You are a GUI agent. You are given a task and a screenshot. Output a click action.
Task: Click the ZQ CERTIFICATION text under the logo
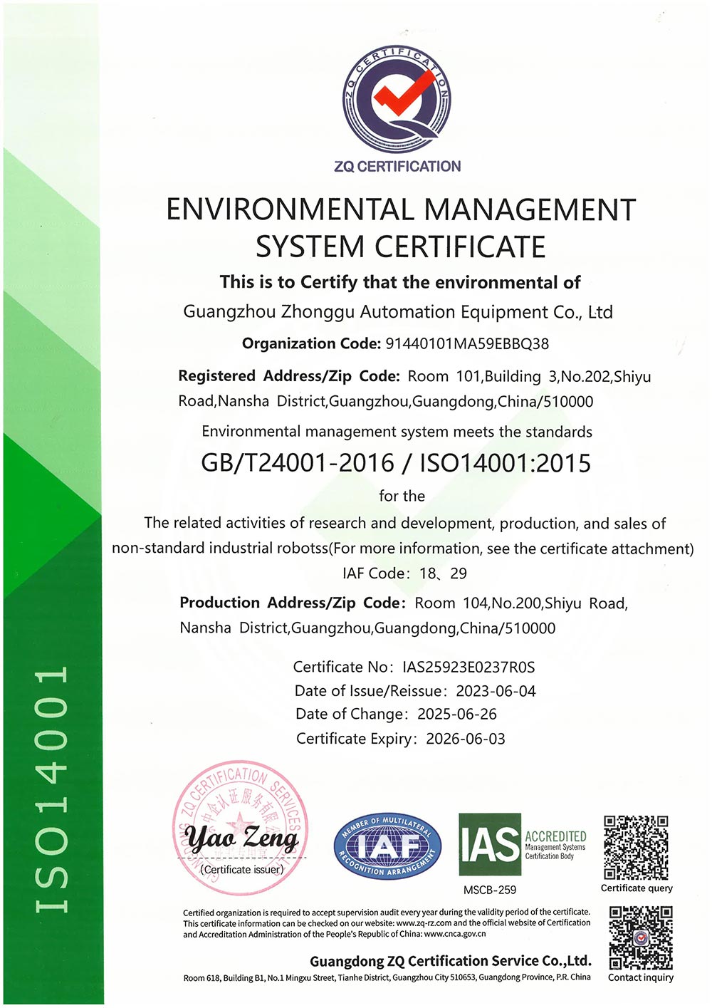tap(397, 167)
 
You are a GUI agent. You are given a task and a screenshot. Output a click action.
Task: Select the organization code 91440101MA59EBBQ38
tap(467, 344)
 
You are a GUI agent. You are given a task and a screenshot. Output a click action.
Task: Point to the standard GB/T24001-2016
tap(298, 463)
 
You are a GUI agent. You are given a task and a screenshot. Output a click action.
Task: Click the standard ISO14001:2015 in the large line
tap(506, 463)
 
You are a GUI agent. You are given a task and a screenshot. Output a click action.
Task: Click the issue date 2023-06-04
tap(496, 691)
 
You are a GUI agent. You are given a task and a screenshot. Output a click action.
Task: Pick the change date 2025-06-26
tap(457, 715)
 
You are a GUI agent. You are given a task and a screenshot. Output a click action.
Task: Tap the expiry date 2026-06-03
tap(466, 739)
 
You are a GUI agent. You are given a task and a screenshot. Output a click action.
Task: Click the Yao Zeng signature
tap(242, 838)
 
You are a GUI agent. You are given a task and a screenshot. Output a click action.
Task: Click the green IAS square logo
tap(490, 844)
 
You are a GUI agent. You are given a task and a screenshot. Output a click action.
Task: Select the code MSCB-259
tap(490, 890)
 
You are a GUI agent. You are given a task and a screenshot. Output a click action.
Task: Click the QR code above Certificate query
tap(636, 848)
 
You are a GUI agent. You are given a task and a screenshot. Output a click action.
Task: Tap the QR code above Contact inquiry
tap(641, 937)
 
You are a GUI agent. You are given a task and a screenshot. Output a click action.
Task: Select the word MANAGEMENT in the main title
tap(530, 210)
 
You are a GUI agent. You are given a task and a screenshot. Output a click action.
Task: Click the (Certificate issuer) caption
tap(242, 870)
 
